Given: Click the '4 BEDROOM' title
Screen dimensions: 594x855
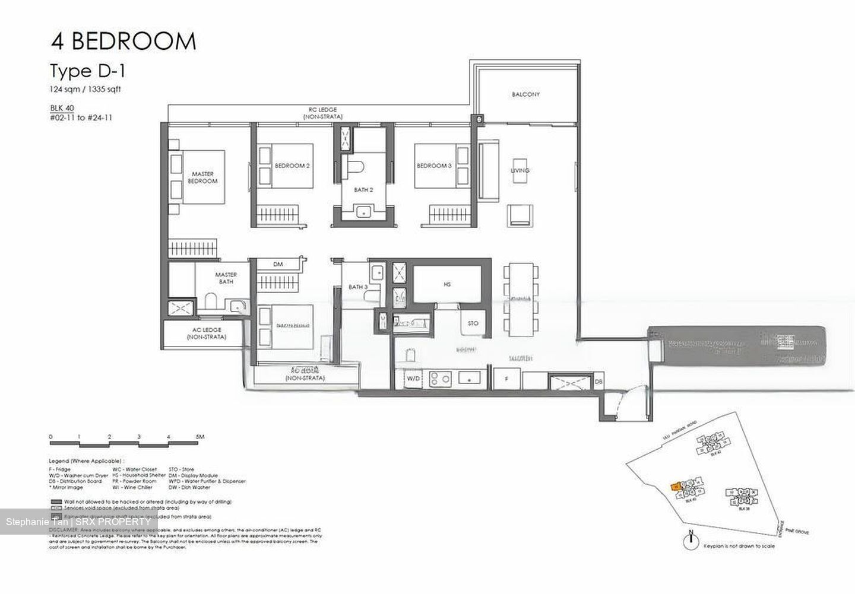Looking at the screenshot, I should click(123, 42).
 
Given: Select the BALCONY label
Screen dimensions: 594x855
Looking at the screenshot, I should click(525, 94).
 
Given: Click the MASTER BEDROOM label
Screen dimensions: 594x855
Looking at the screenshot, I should click(202, 177).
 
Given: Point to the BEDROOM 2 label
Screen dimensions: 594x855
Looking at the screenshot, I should click(292, 166).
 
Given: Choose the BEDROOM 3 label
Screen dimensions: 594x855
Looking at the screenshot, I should click(433, 166).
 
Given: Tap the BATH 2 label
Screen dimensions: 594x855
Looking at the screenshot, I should click(363, 190).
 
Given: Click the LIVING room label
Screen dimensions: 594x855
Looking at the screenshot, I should click(520, 170).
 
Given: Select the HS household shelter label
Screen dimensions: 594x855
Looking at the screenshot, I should click(447, 285).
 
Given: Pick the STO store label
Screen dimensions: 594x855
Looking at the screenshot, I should click(473, 323).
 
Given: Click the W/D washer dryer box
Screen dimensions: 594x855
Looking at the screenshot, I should click(413, 377).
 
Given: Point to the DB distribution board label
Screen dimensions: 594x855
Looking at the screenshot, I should click(599, 382).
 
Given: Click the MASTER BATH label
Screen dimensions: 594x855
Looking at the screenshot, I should click(226, 278).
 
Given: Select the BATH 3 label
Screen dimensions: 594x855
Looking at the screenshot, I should click(358, 287).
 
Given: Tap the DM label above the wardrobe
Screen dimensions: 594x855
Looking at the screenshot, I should click(277, 265).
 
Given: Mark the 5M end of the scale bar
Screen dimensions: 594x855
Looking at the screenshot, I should click(200, 437).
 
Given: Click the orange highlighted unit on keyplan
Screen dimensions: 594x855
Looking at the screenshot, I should click(676, 486).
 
